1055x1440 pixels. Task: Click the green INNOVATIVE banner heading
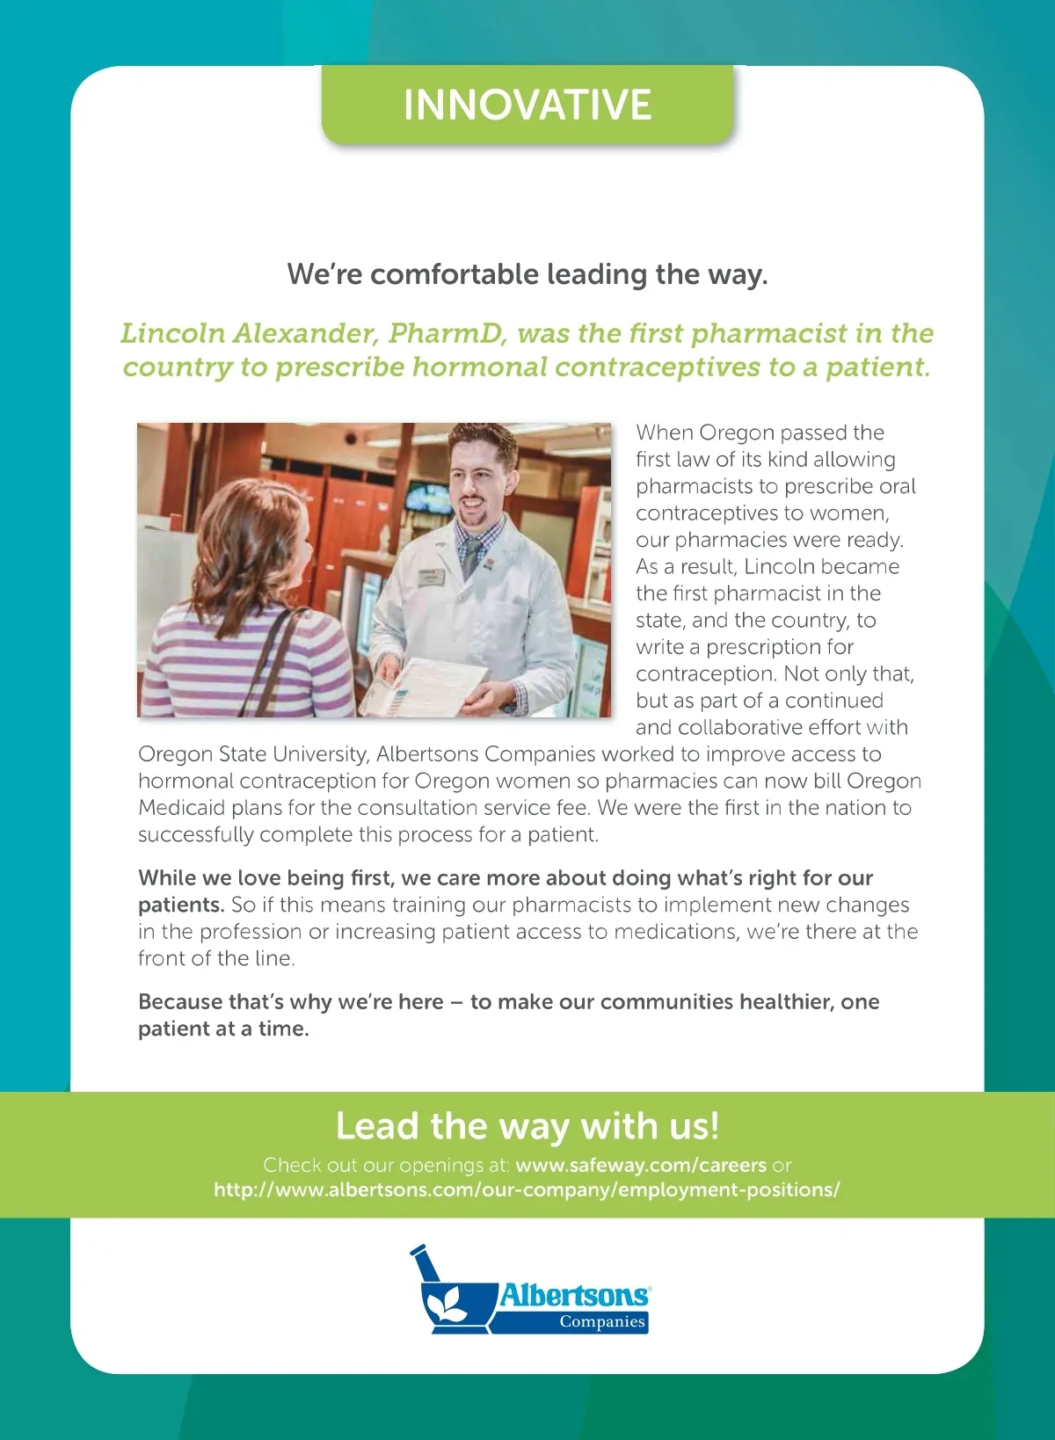(x=527, y=105)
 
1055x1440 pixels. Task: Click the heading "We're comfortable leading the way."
(x=527, y=274)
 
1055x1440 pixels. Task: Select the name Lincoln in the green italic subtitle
(x=172, y=333)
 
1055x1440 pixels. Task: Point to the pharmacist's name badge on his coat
(x=432, y=575)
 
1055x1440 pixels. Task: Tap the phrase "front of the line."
(x=216, y=958)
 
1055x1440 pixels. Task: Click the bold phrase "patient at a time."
(x=223, y=1029)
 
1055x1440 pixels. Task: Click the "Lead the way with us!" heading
(x=527, y=1126)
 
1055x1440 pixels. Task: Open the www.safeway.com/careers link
(x=641, y=1166)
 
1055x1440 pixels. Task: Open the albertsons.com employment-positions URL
(x=527, y=1190)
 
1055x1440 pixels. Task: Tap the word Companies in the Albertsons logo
(x=602, y=1322)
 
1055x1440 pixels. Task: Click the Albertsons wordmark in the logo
(x=574, y=1295)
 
